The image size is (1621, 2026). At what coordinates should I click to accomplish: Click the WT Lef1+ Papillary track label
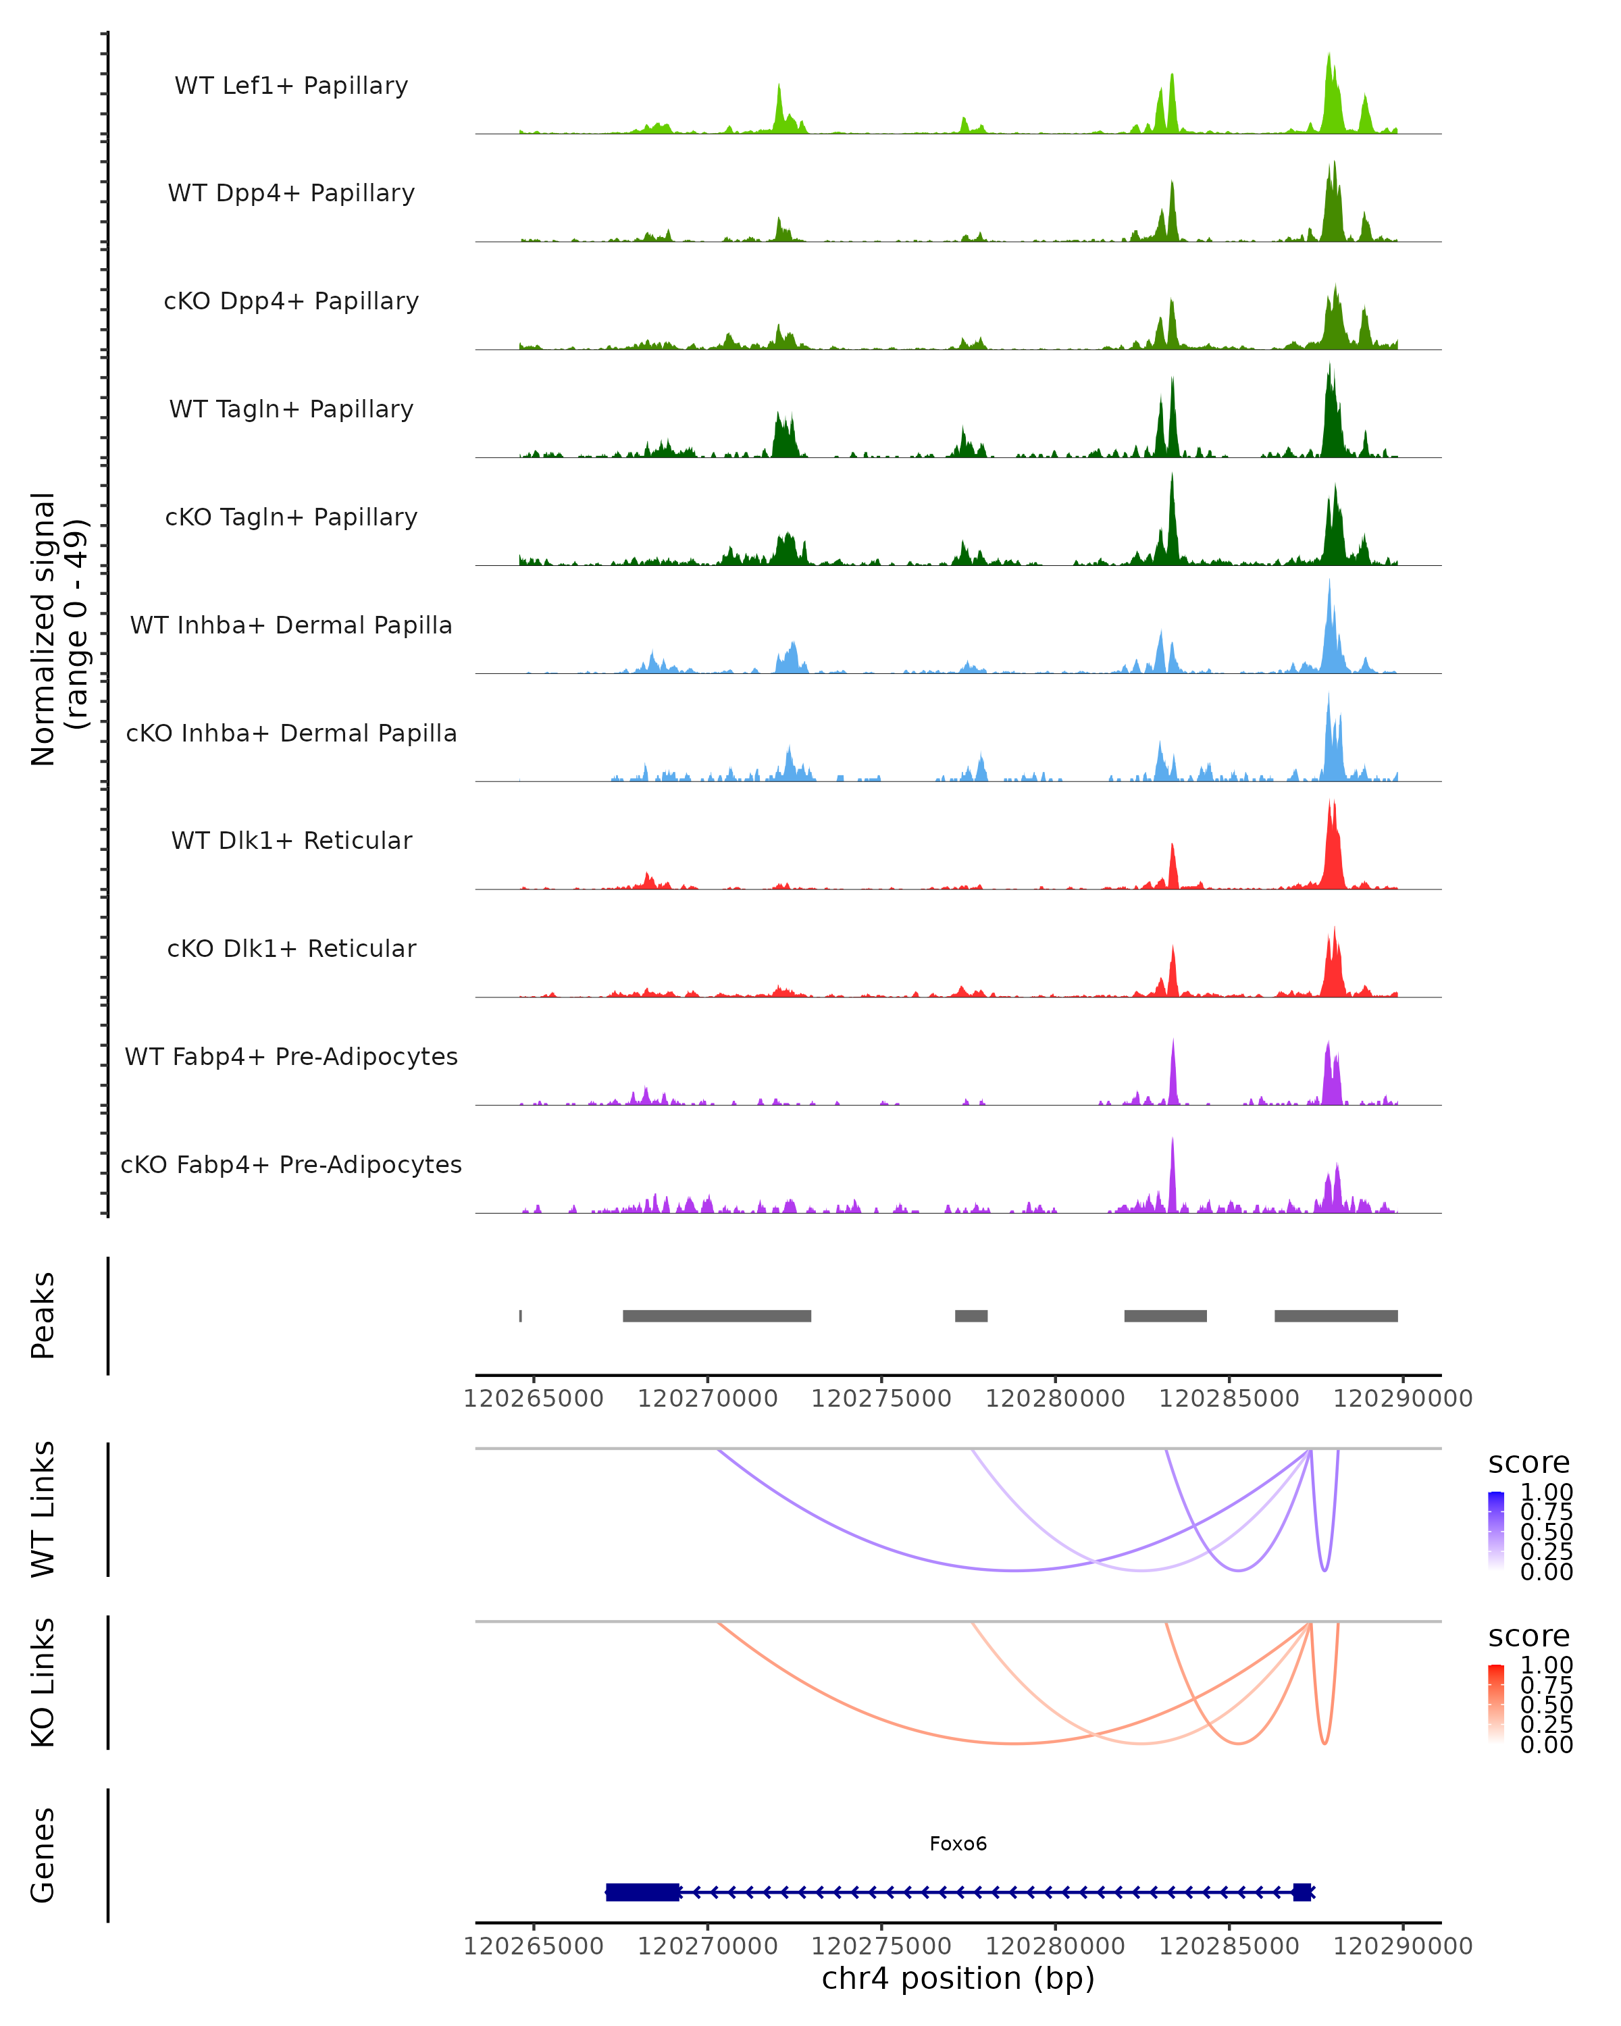(291, 86)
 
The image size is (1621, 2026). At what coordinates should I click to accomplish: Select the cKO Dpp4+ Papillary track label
(291, 302)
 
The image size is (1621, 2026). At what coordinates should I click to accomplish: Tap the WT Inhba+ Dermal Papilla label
(291, 626)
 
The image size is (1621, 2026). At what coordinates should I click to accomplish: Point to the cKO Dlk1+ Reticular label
(291, 949)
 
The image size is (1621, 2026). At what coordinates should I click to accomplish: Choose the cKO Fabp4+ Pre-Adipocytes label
(291, 1165)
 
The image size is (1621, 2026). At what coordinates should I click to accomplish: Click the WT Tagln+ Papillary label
(291, 410)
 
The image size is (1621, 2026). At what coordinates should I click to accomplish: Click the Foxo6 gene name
(958, 1844)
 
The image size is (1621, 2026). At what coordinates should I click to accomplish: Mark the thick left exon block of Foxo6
(643, 1892)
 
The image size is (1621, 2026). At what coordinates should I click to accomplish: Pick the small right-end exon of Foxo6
(1302, 1892)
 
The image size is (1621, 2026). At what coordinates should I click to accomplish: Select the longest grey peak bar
(717, 1316)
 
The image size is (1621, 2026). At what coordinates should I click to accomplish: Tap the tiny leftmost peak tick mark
(521, 1316)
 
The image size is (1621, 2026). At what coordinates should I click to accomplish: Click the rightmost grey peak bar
(1335, 1316)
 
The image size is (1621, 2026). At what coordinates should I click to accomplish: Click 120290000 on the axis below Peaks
(1402, 1399)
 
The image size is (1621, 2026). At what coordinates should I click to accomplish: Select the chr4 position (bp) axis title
(958, 1979)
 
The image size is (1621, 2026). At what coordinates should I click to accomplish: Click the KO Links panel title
(43, 1682)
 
